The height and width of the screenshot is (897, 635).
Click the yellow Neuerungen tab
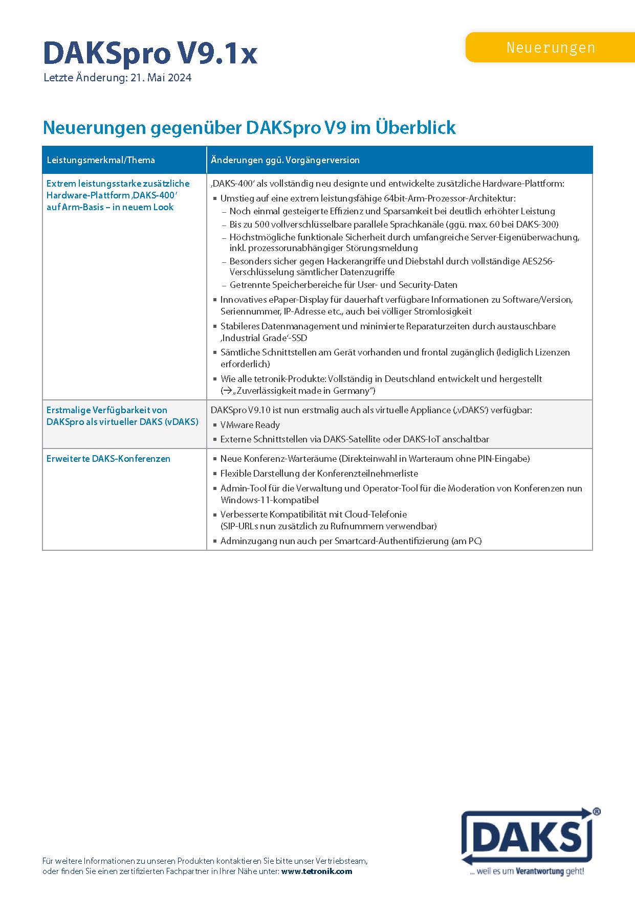pyautogui.click(x=551, y=48)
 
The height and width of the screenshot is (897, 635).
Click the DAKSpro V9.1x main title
pyautogui.click(x=150, y=53)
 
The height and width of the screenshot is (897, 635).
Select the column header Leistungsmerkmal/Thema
pyautogui.click(x=100, y=160)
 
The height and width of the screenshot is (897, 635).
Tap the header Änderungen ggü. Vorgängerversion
pyautogui.click(x=285, y=160)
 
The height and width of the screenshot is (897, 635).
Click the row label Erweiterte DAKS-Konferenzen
pyautogui.click(x=108, y=459)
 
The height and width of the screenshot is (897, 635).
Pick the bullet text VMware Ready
pyautogui.click(x=250, y=425)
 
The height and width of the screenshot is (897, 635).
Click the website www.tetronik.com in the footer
pyautogui.click(x=316, y=871)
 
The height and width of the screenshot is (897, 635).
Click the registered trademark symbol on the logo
pyautogui.click(x=596, y=812)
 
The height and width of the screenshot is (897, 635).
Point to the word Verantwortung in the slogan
pyautogui.click(x=540, y=871)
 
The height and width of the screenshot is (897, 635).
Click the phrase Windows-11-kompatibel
pyautogui.click(x=269, y=500)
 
